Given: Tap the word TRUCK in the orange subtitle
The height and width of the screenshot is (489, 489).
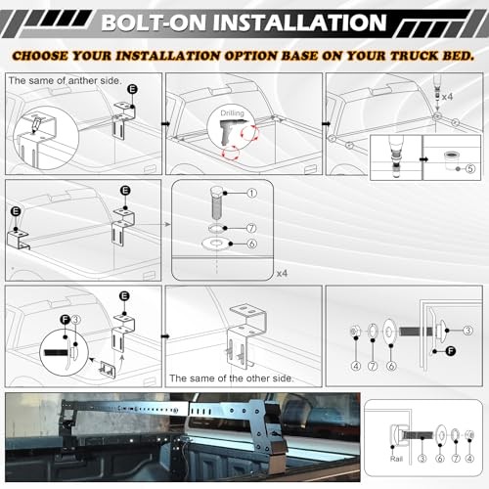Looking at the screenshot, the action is (x=415, y=56).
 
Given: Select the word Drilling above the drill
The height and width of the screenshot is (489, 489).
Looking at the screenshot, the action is (x=232, y=113).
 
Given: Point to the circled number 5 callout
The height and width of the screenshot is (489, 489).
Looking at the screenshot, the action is (x=469, y=168).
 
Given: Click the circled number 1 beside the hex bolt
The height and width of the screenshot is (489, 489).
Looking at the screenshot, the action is (x=251, y=194).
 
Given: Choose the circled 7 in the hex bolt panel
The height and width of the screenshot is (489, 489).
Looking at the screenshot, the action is (x=251, y=228).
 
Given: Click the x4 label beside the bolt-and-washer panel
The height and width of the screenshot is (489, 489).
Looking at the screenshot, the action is (x=282, y=273).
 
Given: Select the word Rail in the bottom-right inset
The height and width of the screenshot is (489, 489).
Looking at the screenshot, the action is (x=396, y=459).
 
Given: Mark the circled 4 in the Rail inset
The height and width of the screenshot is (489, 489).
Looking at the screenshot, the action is (x=469, y=459).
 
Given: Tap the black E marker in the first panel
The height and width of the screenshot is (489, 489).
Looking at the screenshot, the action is (x=132, y=89).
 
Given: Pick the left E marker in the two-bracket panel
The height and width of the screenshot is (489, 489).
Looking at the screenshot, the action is (x=16, y=211).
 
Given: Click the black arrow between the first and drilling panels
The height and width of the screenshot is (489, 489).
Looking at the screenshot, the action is (x=165, y=124).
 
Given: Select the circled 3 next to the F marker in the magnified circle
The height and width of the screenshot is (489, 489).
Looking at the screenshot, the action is (x=75, y=320).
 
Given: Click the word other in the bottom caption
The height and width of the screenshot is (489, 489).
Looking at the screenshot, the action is (x=257, y=378).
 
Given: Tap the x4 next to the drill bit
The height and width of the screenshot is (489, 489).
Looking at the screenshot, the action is (x=447, y=97).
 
